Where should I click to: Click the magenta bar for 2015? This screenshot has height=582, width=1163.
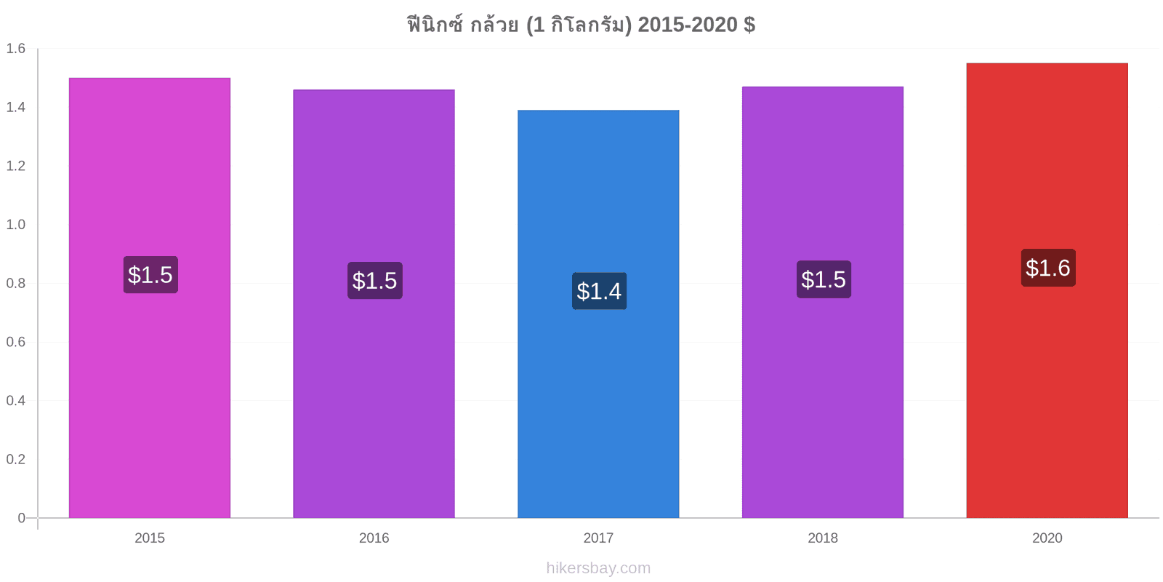[150, 298]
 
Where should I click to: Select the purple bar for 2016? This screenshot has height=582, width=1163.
[374, 303]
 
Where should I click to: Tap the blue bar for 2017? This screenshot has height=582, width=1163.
[598, 314]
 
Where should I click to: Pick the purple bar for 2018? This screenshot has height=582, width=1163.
[822, 303]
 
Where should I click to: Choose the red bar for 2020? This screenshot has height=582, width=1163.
[1047, 290]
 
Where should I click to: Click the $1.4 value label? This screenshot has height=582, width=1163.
[599, 291]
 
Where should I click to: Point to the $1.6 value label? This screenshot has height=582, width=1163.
[1048, 268]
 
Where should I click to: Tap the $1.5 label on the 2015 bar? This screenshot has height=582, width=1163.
[150, 275]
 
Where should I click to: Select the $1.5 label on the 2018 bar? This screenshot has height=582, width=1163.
[824, 279]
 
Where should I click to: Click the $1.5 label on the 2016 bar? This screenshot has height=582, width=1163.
[375, 281]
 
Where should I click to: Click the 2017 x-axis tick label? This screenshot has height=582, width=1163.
[598, 538]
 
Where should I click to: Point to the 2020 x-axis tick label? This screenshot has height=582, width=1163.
[1047, 538]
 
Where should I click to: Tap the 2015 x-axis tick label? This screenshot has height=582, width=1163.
[150, 538]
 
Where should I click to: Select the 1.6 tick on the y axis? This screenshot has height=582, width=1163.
[15, 48]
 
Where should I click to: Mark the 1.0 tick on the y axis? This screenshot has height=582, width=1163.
[15, 225]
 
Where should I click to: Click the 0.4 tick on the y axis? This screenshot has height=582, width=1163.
[15, 401]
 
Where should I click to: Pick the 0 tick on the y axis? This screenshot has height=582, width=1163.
[21, 517]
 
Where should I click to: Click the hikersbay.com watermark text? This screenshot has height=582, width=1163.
[598, 568]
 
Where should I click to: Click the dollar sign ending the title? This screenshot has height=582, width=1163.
[749, 25]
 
